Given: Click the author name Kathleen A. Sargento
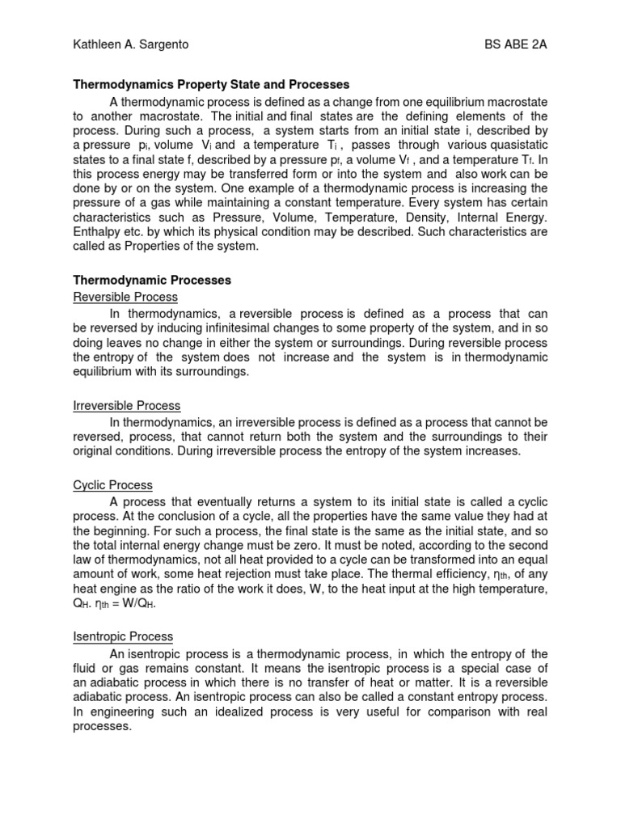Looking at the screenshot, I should pos(131,44).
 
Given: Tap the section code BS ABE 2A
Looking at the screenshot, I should pos(510,44).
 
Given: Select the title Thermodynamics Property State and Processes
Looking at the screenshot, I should pos(212,84).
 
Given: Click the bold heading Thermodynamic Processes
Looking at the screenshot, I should pos(152,280).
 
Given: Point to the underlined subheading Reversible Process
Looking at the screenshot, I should pos(125,297).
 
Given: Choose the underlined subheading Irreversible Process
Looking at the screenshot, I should pos(127,405).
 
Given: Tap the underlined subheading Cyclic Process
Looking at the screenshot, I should pos(113,485).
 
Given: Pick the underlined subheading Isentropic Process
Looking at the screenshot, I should pos(123,637).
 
